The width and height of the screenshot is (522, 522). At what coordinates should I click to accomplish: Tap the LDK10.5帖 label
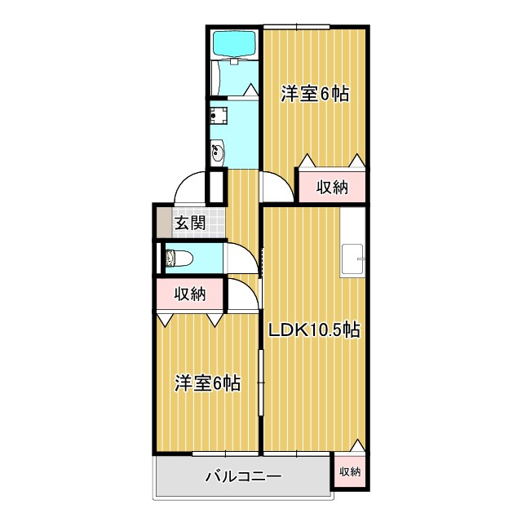point(315,330)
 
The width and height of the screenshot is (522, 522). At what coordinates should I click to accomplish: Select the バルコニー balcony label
point(242,476)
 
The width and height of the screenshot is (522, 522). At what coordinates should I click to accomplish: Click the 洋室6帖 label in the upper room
point(315,94)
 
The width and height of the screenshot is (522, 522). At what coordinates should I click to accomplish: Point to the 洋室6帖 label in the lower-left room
point(207,383)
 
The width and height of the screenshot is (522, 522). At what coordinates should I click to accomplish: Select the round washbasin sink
point(219,151)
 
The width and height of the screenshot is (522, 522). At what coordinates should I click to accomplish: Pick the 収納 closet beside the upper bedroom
point(332,187)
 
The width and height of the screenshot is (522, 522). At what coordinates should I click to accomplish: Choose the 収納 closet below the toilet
point(188,294)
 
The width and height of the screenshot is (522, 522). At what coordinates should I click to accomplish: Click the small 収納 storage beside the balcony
point(349,471)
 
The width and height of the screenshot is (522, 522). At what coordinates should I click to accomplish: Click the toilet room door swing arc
point(241,259)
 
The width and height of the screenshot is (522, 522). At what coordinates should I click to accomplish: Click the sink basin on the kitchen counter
point(353,259)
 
